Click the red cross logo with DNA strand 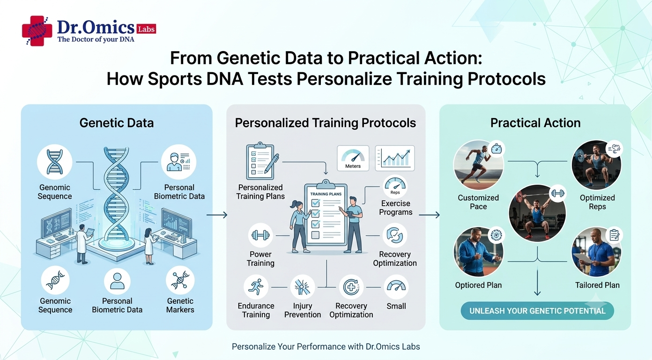point(37,31)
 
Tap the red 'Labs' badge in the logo point(146,29)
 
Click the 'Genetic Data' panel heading point(117,123)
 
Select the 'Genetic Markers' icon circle point(180,280)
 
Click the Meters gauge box point(353,158)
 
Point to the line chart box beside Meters point(395,158)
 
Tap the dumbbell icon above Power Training point(260,235)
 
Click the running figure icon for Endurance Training point(256,287)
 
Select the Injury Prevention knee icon point(303,287)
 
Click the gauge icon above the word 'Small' point(396,287)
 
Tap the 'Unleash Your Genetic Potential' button point(537,311)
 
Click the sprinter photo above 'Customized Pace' point(478,165)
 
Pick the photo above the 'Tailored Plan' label point(596,252)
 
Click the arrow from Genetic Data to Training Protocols point(217,215)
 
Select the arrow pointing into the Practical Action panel point(430,215)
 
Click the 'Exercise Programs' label point(396,208)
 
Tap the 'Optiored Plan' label point(478,285)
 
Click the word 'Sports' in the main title point(175,79)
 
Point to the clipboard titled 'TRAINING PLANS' point(326,214)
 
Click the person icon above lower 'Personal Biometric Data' point(117,281)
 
